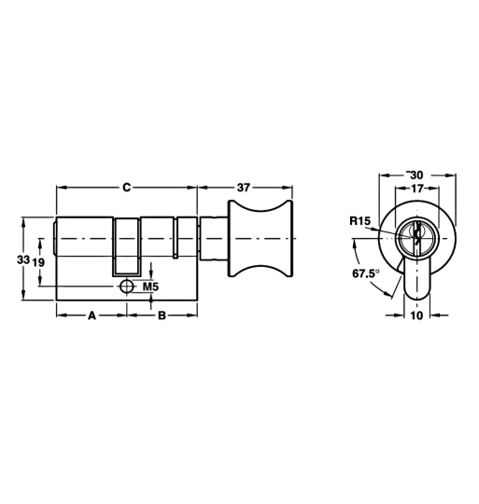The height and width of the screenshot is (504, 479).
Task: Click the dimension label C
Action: click(127, 188)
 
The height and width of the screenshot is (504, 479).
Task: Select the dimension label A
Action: click(92, 316)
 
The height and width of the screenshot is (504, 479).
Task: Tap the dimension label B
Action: click(162, 316)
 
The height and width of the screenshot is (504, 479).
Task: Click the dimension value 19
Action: click(39, 262)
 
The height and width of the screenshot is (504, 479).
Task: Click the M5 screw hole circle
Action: click(126, 287)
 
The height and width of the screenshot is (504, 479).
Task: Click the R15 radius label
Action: click(360, 221)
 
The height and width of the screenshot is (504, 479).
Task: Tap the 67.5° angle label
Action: click(366, 273)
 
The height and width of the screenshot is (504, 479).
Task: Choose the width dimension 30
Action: click(416, 175)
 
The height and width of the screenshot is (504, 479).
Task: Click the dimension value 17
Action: click(416, 188)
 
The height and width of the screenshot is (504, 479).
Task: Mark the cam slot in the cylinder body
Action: click(127, 247)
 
